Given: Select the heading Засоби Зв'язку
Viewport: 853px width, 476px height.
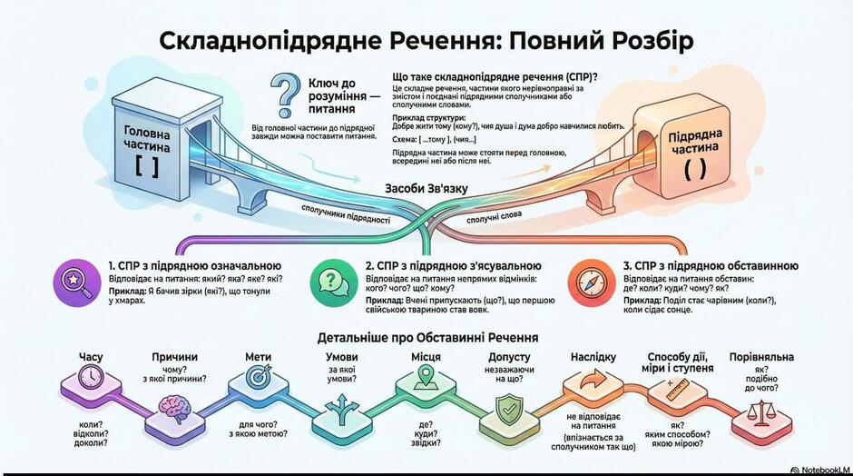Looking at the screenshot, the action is click(x=426, y=188).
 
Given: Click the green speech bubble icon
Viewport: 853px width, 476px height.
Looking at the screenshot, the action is click(x=331, y=282).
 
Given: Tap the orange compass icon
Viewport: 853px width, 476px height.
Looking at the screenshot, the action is click(x=589, y=282).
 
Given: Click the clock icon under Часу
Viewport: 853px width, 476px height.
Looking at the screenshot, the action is click(x=91, y=376).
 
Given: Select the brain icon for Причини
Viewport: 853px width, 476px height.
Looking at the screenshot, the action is click(x=174, y=409).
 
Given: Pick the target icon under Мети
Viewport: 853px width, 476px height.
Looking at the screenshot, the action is click(x=258, y=376).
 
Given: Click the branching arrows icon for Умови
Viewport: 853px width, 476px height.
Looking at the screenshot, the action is click(x=341, y=411).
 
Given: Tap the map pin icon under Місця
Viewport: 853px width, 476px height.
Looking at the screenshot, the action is click(x=426, y=377).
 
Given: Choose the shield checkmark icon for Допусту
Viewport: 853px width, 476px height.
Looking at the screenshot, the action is click(x=509, y=409).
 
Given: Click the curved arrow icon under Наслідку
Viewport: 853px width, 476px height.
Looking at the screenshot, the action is click(x=593, y=379).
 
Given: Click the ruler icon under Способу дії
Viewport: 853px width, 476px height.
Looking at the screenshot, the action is click(x=677, y=390).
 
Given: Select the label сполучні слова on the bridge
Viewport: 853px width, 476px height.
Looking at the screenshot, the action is click(x=494, y=217).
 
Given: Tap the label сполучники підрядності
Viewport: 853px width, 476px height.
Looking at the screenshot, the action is click(x=346, y=214).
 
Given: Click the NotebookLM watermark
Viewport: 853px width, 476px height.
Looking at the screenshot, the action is click(x=820, y=470).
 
